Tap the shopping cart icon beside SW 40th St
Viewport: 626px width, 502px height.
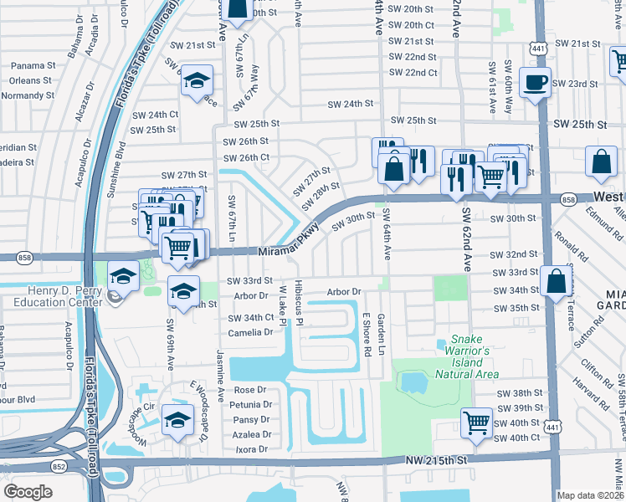[476, 422]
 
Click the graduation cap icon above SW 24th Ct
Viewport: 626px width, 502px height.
[198, 81]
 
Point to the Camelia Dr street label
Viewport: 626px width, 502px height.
[252, 332]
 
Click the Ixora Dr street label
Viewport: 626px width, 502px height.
[252, 449]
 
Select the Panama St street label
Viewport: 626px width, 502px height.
[33, 65]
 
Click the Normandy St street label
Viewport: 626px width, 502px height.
[27, 95]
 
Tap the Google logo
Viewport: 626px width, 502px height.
[28, 491]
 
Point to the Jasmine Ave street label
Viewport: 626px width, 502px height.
[221, 372]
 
